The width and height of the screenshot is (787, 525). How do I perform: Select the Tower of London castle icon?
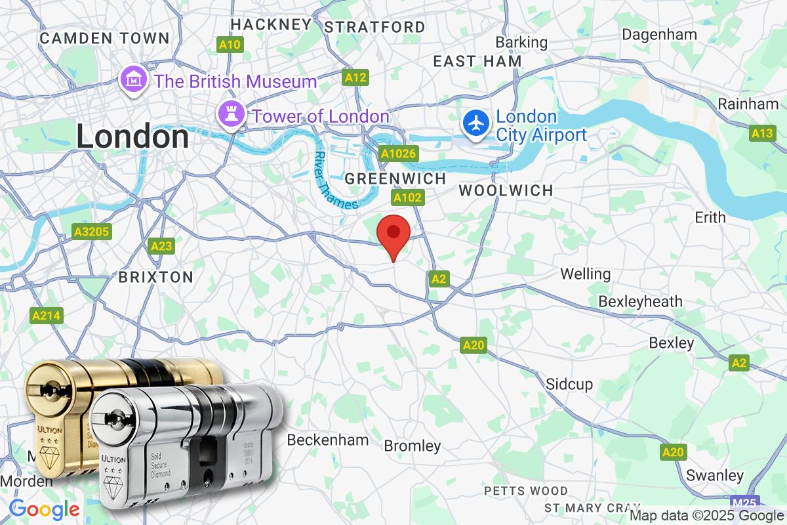[x=232, y=116]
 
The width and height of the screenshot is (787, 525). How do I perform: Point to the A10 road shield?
[x=230, y=45]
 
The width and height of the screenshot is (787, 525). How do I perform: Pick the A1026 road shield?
[x=399, y=153]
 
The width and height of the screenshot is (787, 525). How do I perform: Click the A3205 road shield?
[x=91, y=232]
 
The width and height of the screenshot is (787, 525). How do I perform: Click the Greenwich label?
[x=395, y=178]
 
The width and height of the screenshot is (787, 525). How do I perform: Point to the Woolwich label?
[x=506, y=190]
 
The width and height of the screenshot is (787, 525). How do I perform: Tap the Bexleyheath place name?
[x=640, y=301]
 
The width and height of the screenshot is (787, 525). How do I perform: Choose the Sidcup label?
[x=569, y=384]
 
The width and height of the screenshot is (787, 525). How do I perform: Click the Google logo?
[x=44, y=509]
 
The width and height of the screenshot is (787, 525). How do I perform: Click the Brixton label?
[x=155, y=277]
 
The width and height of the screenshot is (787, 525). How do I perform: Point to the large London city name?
[x=132, y=136]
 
